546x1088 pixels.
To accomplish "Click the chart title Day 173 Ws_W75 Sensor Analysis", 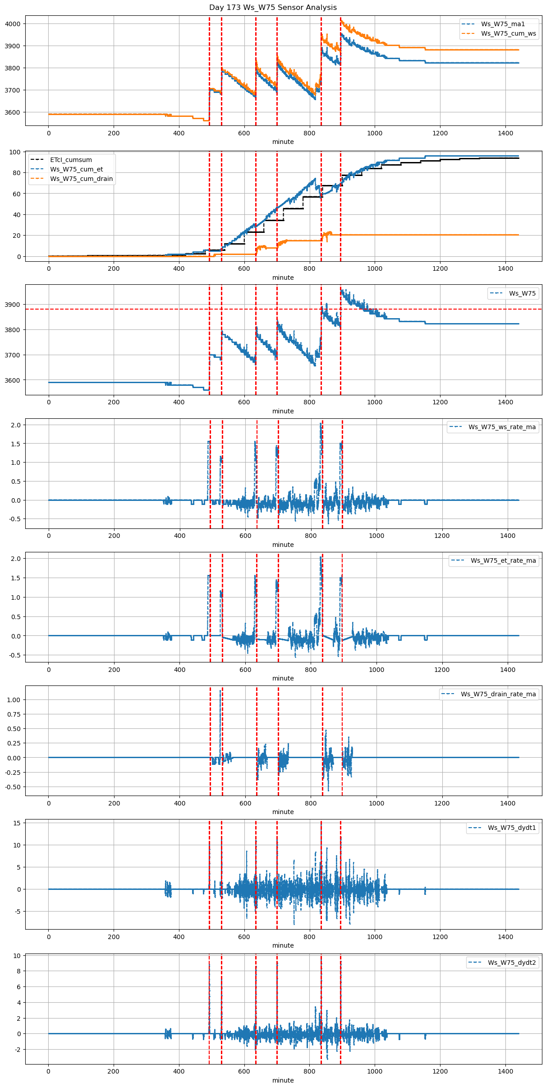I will (273, 8).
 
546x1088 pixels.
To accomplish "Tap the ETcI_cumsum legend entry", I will (71, 160).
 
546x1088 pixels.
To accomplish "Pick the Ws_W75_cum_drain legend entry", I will (81, 179).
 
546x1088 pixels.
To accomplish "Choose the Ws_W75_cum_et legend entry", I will (76, 169).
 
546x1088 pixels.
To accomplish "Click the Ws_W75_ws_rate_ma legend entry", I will (502, 427).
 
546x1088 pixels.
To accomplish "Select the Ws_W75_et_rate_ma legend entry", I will (503, 560).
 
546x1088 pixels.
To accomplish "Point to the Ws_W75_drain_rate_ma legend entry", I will (498, 694).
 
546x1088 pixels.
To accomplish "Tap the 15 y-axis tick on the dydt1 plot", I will (17, 823).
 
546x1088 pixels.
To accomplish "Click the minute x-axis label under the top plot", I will (283, 142).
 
